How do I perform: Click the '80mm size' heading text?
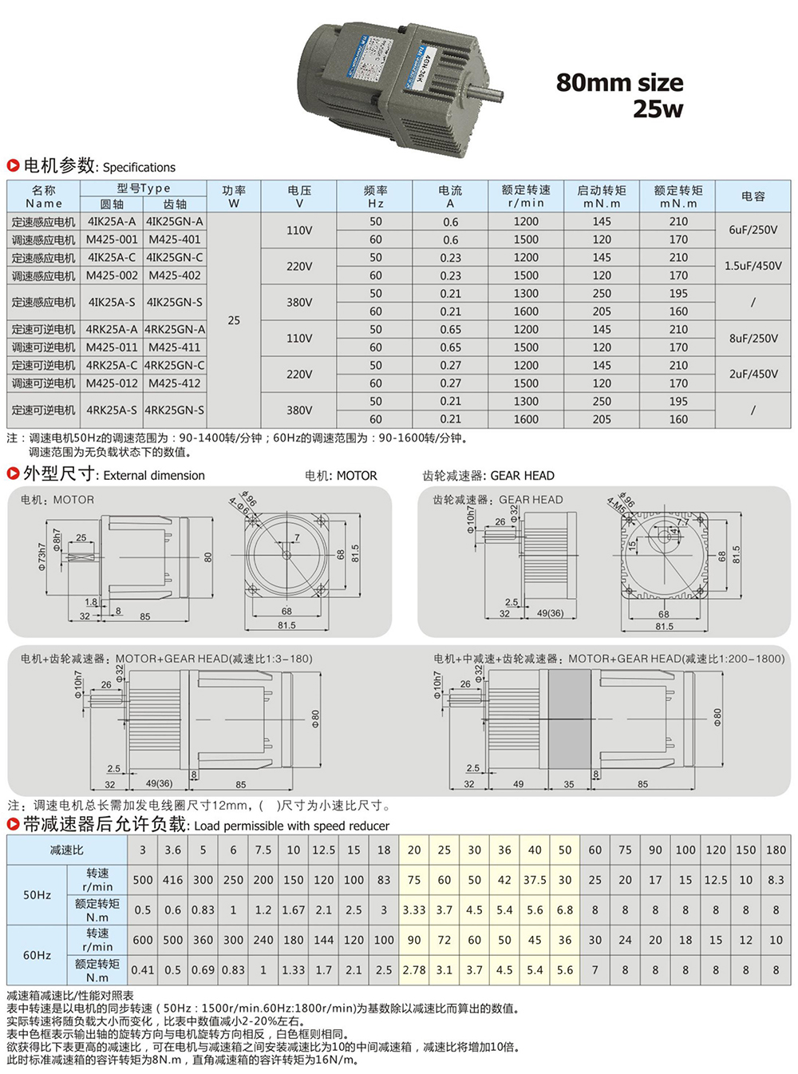pyautogui.click(x=619, y=82)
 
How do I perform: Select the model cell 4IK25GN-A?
pyautogui.click(x=175, y=221)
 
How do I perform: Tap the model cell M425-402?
pyautogui.click(x=175, y=275)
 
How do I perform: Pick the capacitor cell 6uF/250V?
pyautogui.click(x=753, y=230)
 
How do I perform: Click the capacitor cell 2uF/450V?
pyautogui.click(x=753, y=374)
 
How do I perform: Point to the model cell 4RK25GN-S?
pyautogui.click(x=175, y=410)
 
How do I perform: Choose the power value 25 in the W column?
pyautogui.click(x=234, y=320)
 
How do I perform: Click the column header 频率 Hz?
pyautogui.click(x=375, y=196)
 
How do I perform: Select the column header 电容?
pyautogui.click(x=753, y=196)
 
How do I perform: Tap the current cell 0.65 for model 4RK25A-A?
pyautogui.click(x=450, y=329)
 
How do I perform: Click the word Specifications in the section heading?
pyautogui.click(x=139, y=167)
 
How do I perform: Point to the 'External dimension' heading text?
pyautogui.click(x=154, y=475)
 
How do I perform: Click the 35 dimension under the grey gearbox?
pyautogui.click(x=568, y=784)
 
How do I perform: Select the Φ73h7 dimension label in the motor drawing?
pyautogui.click(x=42, y=557)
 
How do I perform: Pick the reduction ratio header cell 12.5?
pyautogui.click(x=323, y=850)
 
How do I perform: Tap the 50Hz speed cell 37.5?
pyautogui.click(x=535, y=880)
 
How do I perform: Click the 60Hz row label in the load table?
pyautogui.click(x=37, y=955)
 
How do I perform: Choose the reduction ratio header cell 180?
pyautogui.click(x=776, y=850)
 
